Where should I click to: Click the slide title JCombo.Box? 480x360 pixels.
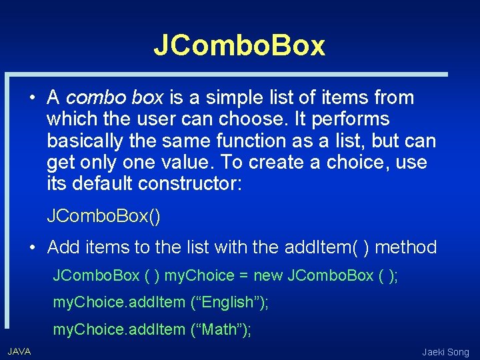[239, 45]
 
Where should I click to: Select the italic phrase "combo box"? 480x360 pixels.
[115, 98]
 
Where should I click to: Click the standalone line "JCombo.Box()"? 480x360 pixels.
[104, 217]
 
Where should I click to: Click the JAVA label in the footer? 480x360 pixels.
[19, 351]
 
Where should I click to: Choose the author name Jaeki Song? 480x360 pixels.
[445, 352]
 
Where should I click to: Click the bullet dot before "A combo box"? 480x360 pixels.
[32, 99]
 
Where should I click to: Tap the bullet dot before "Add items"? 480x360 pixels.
[32, 248]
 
